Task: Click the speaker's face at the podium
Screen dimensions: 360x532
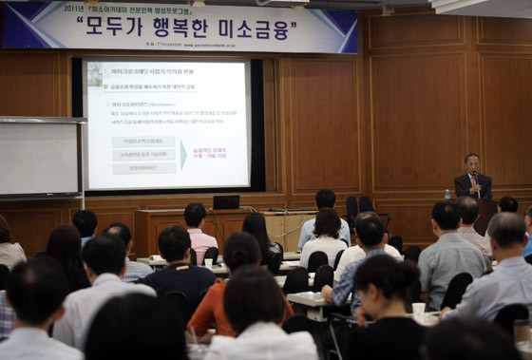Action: coord(472,162)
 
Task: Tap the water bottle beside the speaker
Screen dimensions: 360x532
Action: coord(446,194)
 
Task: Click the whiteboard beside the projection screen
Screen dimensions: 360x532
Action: coord(40,158)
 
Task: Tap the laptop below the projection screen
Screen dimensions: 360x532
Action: coord(226,201)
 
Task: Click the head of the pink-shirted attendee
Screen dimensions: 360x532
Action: coord(195,216)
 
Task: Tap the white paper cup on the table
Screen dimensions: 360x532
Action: coord(418,309)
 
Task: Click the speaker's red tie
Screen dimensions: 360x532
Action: coord(473,182)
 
